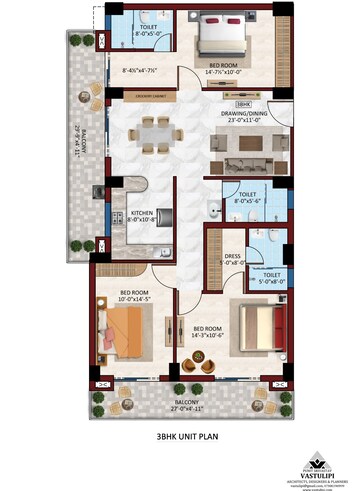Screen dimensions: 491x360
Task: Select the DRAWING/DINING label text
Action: click(244, 114)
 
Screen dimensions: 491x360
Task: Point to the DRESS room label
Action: click(233, 256)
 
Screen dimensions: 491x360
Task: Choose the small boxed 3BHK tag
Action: click(241, 103)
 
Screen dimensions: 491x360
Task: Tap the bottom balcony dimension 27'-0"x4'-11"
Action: click(186, 408)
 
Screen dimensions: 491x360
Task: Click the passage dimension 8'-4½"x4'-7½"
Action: click(143, 71)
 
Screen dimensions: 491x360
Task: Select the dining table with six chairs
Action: click(155, 131)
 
